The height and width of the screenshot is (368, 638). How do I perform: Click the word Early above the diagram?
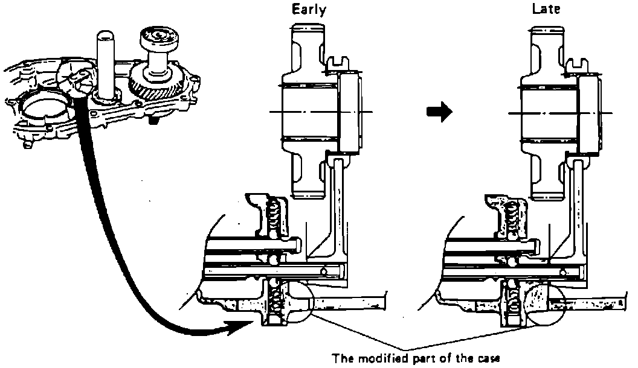coord(309,9)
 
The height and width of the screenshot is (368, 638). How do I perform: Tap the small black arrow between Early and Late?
coord(439,112)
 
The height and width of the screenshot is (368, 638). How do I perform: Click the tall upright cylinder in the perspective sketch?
coord(106,65)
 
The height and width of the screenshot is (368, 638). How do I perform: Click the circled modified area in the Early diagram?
coord(297,302)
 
